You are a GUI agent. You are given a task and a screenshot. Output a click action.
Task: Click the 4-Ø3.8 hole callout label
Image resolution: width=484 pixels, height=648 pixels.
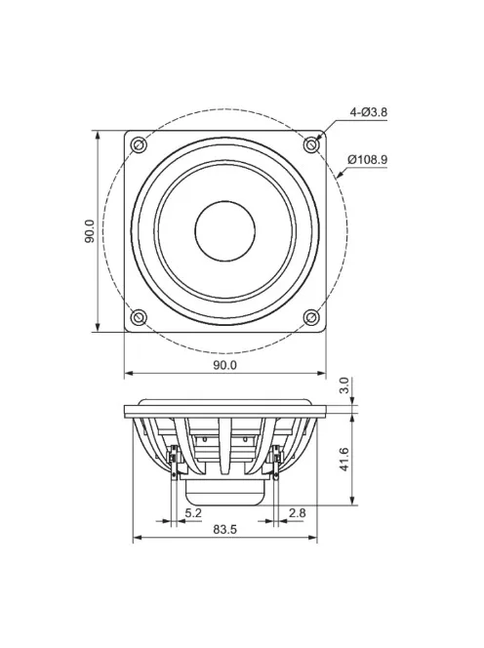tap(368, 112)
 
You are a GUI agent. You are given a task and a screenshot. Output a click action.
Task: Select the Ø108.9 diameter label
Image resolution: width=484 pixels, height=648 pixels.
tap(367, 159)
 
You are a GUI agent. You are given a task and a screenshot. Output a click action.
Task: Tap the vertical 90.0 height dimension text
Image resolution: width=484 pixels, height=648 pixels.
tap(90, 231)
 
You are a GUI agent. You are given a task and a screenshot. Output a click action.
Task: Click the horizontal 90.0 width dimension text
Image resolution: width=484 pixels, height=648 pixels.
tap(224, 365)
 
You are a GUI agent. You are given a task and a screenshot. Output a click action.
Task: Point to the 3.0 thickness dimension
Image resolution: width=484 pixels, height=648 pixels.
tap(343, 387)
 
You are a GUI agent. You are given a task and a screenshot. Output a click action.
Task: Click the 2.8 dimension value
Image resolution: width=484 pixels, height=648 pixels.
tap(298, 511)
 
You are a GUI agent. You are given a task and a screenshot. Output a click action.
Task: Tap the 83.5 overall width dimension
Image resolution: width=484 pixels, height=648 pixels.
tap(224, 530)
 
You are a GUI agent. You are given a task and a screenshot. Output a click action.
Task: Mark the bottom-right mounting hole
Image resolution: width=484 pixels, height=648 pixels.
tap(311, 317)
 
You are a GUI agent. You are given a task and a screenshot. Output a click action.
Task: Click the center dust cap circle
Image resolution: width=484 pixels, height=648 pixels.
tap(224, 231)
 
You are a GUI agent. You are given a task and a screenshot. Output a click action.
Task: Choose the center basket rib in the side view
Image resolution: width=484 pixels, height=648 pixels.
tap(224, 444)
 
